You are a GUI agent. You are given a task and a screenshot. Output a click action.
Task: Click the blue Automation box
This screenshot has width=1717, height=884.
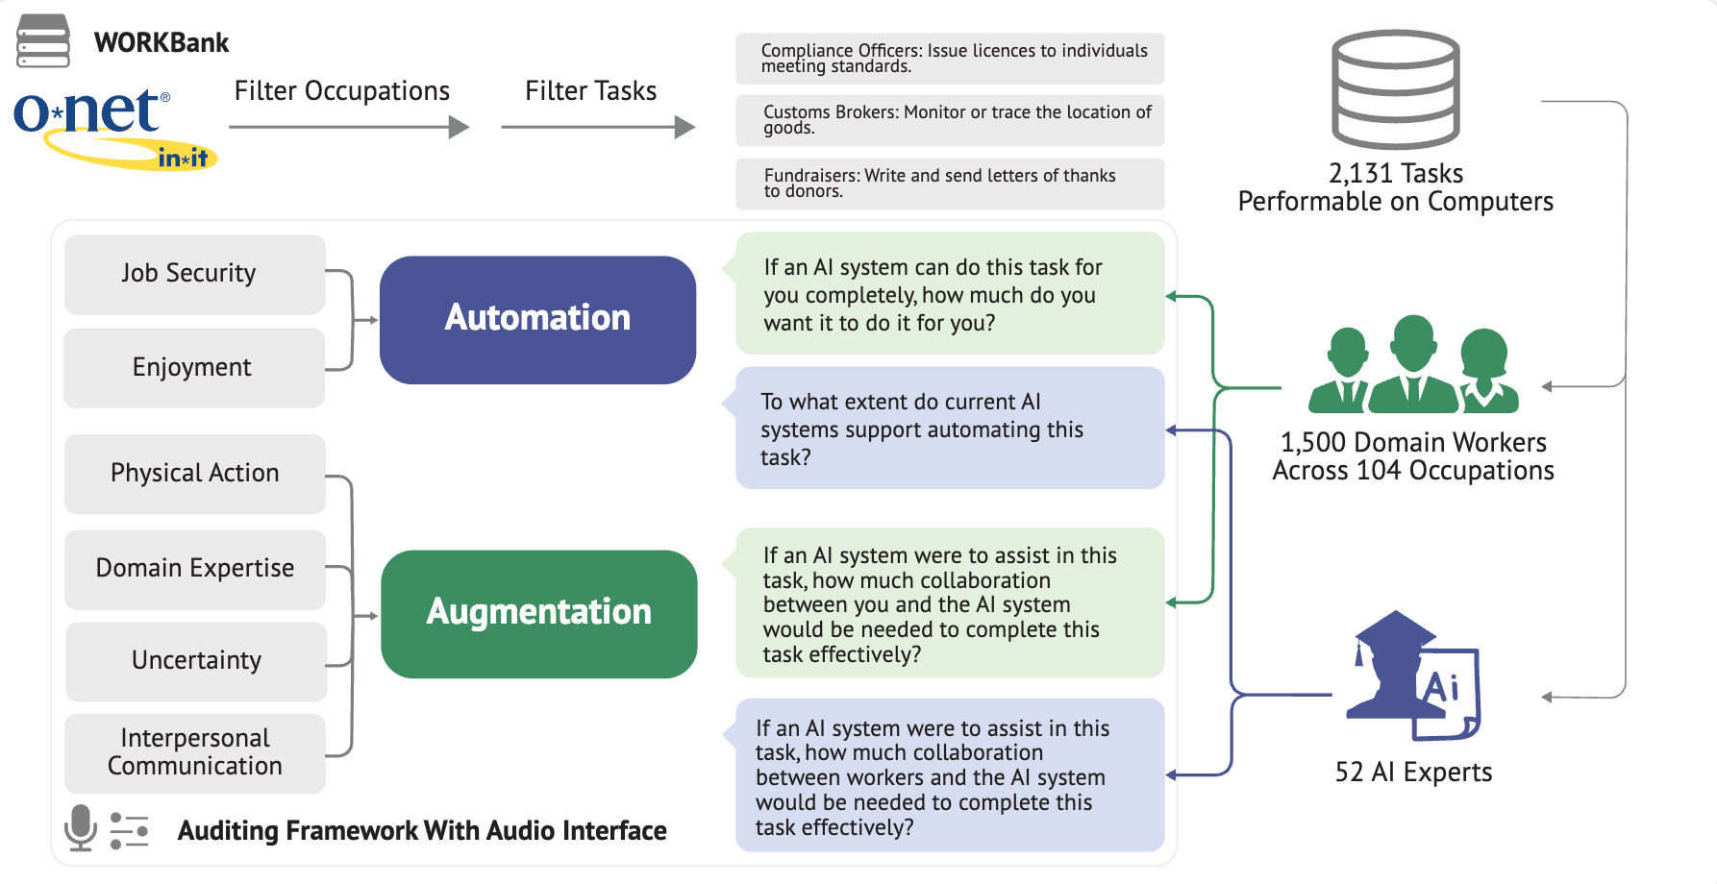pos(537,320)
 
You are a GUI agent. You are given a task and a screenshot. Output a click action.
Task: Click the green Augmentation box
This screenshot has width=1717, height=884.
pos(538,614)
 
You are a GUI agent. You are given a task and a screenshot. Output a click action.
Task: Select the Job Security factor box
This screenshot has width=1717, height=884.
pos(194,274)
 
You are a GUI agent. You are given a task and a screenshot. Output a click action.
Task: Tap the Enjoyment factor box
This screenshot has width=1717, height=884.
pos(194,367)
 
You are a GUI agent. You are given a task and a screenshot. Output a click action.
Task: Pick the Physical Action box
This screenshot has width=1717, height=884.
pos(194,473)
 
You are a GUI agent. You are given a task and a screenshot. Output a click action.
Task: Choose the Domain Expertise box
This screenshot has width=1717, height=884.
pos(194,569)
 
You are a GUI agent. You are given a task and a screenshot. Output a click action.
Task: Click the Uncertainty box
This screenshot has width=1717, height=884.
pos(195,661)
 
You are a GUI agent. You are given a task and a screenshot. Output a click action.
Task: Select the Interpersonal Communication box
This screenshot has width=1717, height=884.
pos(194,753)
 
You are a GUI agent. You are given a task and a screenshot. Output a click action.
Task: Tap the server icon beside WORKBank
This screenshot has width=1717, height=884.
pos(43,40)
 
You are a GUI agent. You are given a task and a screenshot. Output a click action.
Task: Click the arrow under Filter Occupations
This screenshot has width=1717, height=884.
pos(349,127)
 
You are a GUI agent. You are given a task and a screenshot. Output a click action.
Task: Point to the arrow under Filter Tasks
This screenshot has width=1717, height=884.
pos(598,127)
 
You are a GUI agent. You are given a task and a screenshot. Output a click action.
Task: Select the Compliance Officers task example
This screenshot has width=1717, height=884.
pos(950,59)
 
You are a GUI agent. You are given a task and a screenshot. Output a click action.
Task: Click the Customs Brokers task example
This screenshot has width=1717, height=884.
pos(950,120)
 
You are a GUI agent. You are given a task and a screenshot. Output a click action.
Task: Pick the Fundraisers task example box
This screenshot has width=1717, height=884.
pos(950,184)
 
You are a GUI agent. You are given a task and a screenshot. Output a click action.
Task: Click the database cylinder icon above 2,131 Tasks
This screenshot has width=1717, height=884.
pos(1396,89)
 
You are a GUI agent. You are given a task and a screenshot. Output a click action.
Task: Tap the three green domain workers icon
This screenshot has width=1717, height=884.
pos(1413,364)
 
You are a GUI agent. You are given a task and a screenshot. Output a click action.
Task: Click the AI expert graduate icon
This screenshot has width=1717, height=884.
pos(1413,675)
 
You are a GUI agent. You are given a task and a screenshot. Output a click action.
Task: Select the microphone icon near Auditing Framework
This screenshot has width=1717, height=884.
pos(81,828)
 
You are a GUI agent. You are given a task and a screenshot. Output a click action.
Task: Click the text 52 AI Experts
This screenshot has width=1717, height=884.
pos(1413,773)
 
